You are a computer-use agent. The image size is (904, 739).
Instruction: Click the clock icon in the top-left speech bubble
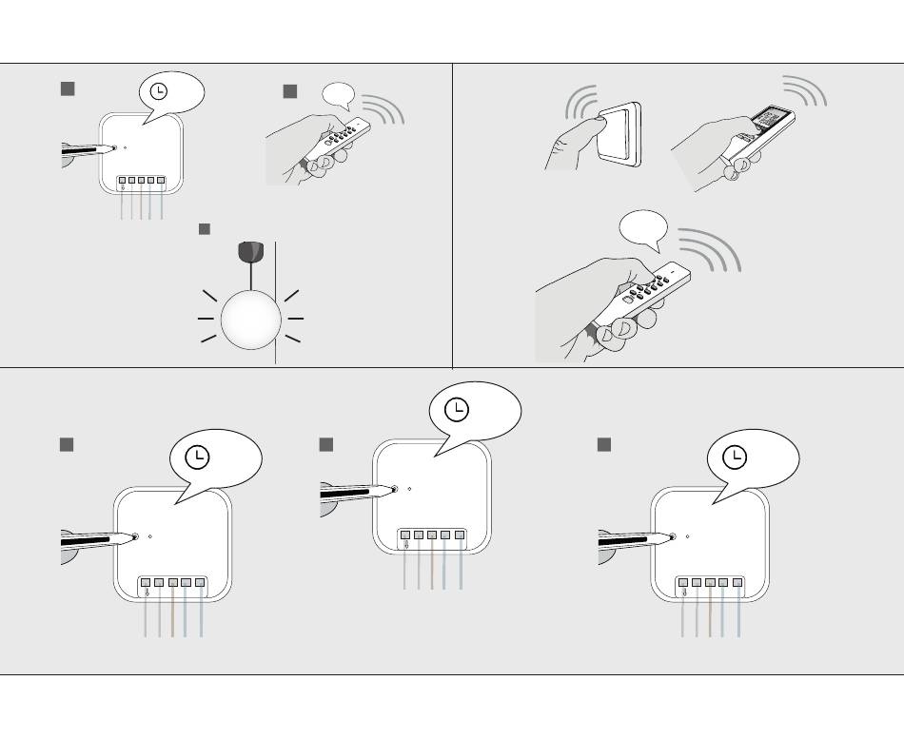pos(160,91)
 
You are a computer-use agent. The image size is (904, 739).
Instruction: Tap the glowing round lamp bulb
pos(251,319)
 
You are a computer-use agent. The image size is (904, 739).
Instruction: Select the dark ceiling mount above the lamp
pos(249,252)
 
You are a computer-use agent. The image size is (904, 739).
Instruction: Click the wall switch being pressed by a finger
pos(617,133)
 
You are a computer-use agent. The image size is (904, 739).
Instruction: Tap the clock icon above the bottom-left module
pos(197,457)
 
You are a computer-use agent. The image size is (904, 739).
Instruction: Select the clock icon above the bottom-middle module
pos(458,409)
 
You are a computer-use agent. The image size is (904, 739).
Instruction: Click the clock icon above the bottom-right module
pos(735,457)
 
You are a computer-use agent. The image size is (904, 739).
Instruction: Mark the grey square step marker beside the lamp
pos(204,229)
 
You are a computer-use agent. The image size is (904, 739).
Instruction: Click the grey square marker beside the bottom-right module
pos(603,444)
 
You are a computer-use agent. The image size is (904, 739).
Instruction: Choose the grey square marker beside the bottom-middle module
pos(326,444)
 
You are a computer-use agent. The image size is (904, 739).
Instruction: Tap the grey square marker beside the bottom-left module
pos(67,444)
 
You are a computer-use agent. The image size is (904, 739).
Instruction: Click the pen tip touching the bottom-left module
pos(133,536)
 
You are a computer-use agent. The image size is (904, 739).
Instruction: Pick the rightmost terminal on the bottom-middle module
pos(460,536)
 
